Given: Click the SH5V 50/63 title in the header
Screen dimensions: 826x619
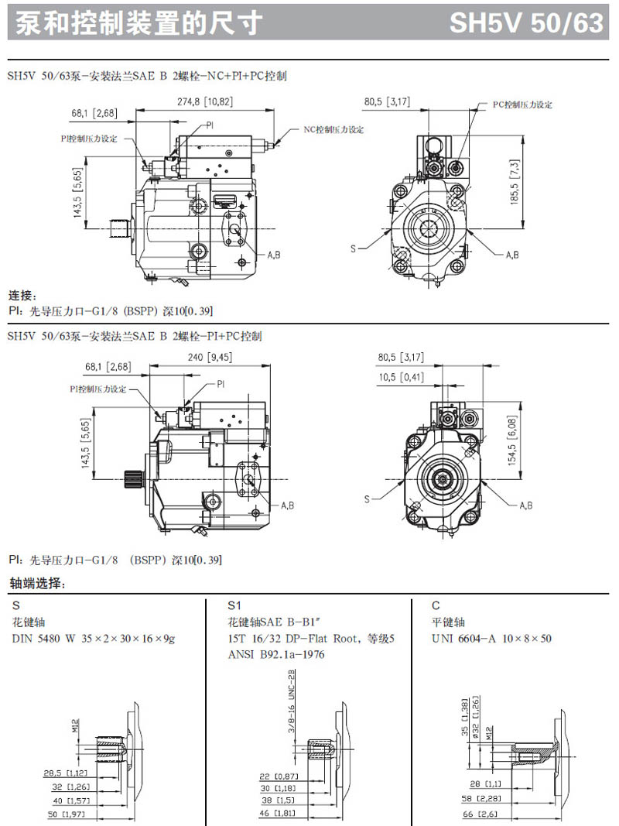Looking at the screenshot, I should click(x=526, y=23).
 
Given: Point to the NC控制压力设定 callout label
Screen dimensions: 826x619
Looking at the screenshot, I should click(x=333, y=129).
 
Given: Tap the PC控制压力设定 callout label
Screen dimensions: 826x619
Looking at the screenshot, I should click(x=522, y=105).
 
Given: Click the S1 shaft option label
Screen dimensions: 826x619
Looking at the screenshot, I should click(x=235, y=605).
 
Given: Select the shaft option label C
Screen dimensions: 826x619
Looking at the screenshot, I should click(x=436, y=605).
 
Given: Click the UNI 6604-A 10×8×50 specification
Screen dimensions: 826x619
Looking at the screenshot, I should click(x=491, y=639).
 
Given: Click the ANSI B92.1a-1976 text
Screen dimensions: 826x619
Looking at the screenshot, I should click(x=276, y=655).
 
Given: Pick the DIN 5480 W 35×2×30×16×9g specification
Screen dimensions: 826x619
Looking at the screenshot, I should click(x=94, y=639).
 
